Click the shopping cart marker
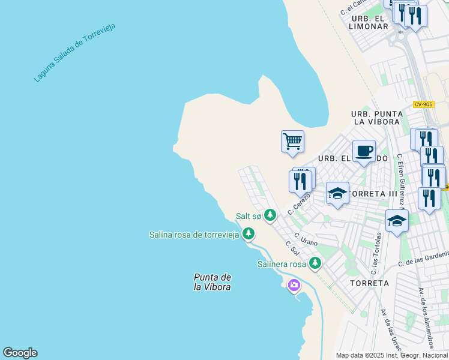click(x=292, y=142)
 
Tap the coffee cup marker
click(x=364, y=151)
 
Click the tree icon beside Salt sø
click(x=270, y=215)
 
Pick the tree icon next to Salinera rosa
click(x=315, y=263)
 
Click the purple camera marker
click(x=294, y=285)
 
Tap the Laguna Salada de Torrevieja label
click(x=74, y=53)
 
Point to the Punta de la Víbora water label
click(x=212, y=282)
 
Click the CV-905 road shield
click(x=423, y=104)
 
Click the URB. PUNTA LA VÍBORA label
click(x=376, y=118)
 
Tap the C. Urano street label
click(x=306, y=239)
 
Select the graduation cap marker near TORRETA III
click(x=337, y=193)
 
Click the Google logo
click(x=20, y=353)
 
